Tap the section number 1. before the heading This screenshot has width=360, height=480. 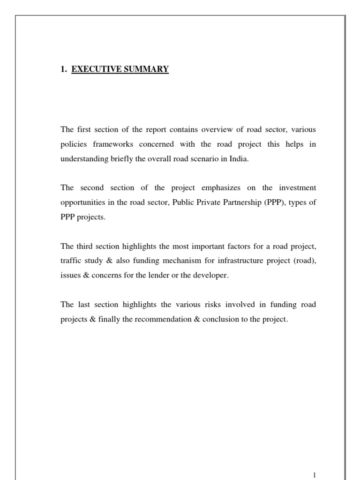64,69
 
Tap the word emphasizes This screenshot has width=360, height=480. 207,187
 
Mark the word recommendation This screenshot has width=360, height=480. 168,319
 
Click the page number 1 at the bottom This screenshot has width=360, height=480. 315,475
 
